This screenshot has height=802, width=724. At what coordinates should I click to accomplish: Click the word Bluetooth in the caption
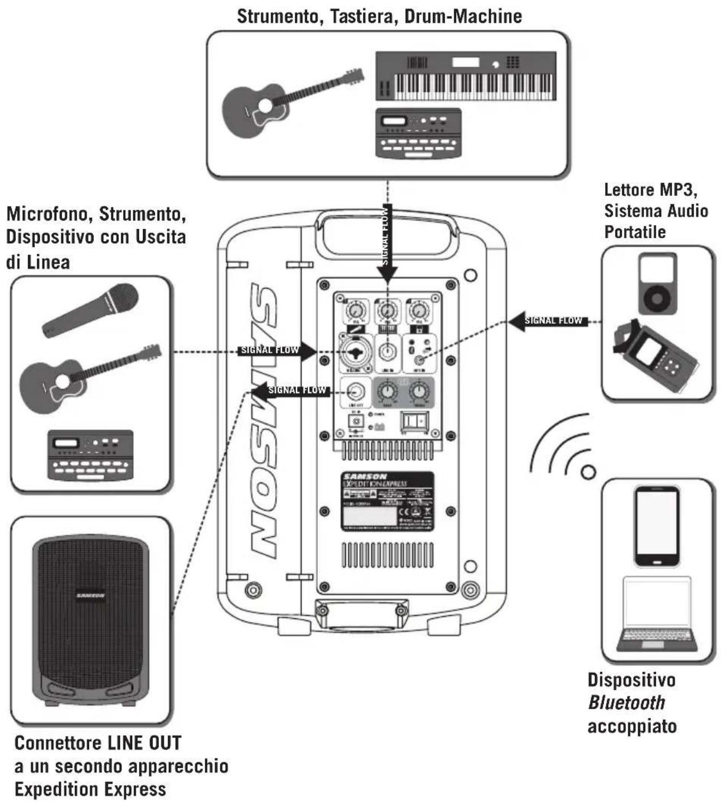coord(626,703)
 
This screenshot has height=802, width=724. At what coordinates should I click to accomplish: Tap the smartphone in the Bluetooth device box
coord(657,526)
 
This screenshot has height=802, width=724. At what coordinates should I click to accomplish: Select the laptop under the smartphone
coord(657,615)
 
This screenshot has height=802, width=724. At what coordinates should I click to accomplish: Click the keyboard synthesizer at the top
coord(466,76)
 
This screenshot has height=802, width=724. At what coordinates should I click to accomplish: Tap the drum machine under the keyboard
coord(418,133)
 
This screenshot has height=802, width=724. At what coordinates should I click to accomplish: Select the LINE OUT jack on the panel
coord(355,391)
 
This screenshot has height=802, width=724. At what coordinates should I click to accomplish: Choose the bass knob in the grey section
coord(388,391)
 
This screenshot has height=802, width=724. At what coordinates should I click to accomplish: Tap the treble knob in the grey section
coord(419,391)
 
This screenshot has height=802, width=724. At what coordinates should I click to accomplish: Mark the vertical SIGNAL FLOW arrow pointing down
coord(387,243)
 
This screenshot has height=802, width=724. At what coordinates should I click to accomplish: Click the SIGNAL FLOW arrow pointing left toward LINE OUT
coord(291,390)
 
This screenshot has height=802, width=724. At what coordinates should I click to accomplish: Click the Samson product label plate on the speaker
coord(387,501)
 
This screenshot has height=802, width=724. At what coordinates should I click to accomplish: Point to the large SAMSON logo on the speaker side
coord(263,420)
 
